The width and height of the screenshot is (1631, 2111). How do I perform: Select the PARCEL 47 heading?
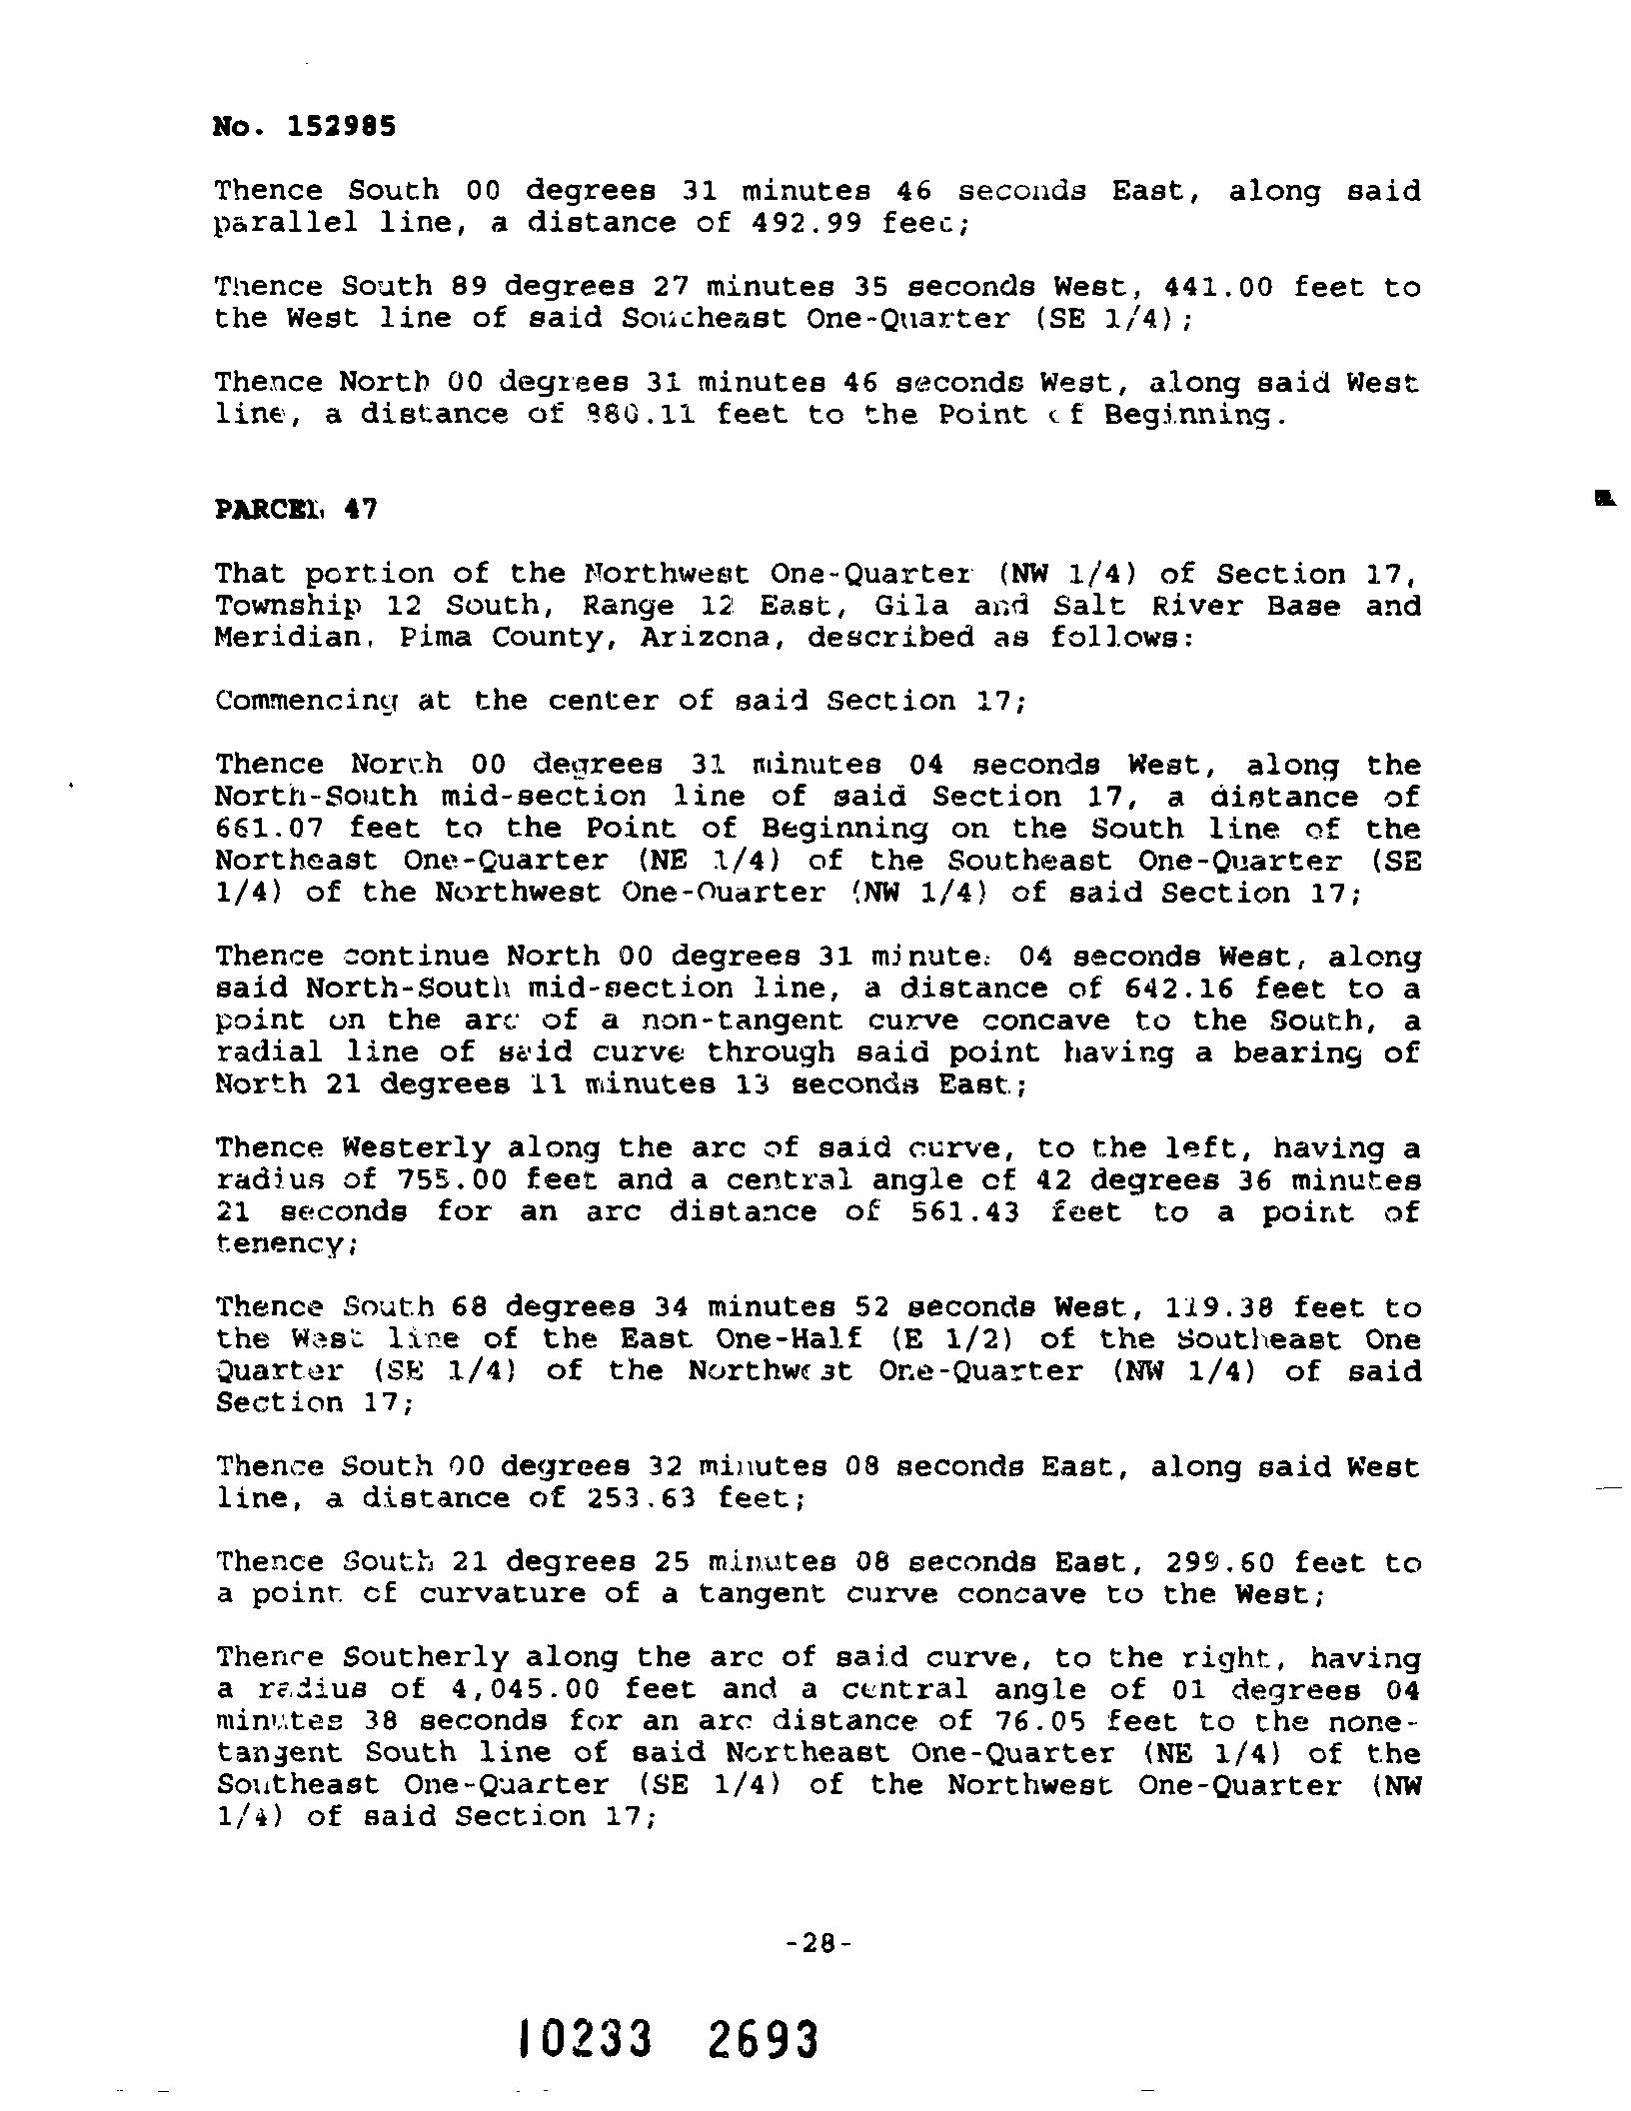(296, 509)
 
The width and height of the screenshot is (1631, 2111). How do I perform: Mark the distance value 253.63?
(623, 1498)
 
